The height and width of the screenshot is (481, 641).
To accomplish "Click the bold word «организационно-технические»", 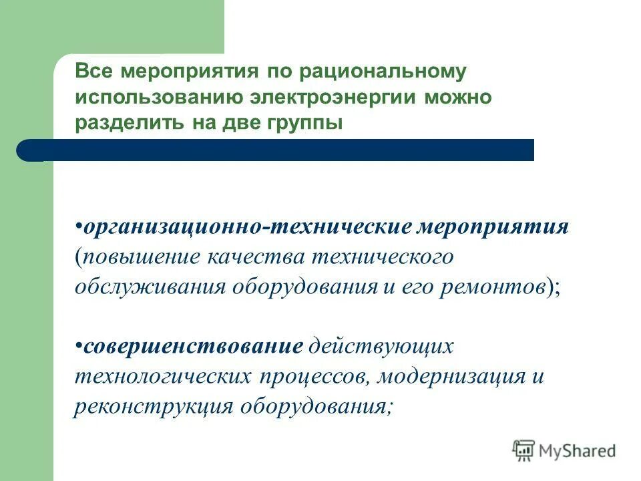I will pyautogui.click(x=248, y=227).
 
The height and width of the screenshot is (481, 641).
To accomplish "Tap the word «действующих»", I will pyautogui.click(x=381, y=346).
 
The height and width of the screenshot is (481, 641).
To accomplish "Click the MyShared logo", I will pyautogui.click(x=564, y=451).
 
